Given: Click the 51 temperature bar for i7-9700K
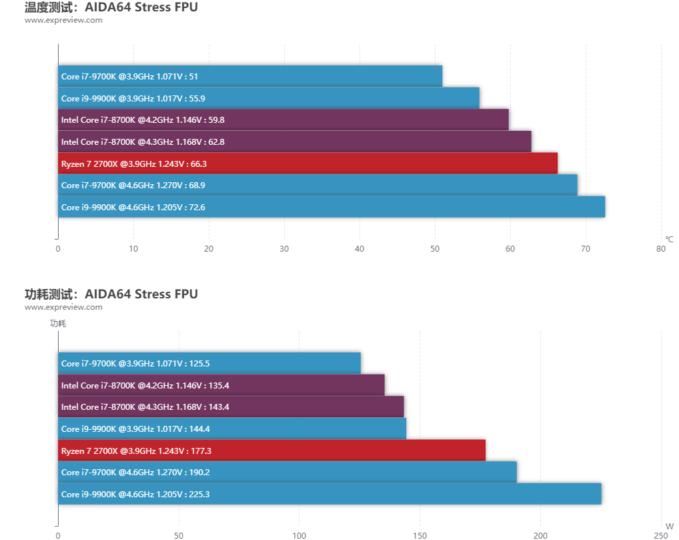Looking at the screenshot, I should coord(250,76).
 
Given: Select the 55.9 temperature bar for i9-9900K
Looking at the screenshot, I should coord(269,98).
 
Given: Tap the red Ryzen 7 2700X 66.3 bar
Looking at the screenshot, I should coord(307,163).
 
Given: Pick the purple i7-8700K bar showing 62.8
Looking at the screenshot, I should coord(295,142).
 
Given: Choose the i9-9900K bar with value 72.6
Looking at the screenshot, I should coord(331,207).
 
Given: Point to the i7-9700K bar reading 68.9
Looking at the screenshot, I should coord(317,185).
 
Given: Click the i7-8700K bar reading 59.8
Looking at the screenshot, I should coord(283,119).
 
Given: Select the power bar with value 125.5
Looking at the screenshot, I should coord(209,363).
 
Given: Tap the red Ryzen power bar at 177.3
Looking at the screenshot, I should coord(271,451).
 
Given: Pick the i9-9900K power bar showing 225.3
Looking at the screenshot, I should coord(329,494).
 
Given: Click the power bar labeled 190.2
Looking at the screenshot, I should coord(287,472).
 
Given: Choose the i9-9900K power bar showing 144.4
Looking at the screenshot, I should coord(232,429).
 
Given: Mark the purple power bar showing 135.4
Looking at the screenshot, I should coord(221,385).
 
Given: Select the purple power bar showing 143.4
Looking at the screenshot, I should coord(231,407).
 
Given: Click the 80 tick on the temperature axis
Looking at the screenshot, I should coord(661,249).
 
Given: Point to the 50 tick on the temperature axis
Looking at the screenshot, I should coord(435,249).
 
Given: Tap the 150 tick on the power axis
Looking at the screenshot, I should coord(420,535).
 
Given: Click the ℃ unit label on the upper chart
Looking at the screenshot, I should coord(669,239).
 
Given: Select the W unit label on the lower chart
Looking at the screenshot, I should coord(669,526).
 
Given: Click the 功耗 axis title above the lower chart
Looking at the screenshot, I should coord(58,324).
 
